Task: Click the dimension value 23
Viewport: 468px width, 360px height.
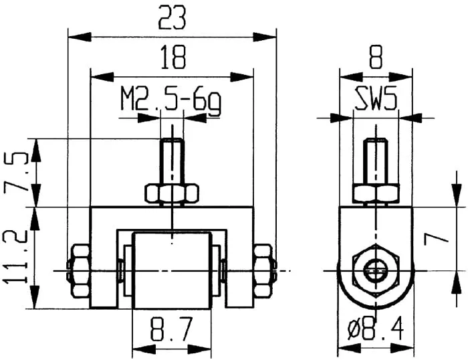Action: [172, 18]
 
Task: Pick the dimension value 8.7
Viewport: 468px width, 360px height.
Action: [172, 330]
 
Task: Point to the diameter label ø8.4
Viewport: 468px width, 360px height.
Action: [376, 330]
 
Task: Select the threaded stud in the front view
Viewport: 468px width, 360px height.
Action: [172, 161]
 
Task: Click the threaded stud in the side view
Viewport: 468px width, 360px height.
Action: [376, 161]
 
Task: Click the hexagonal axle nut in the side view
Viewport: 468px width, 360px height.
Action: [376, 270]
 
